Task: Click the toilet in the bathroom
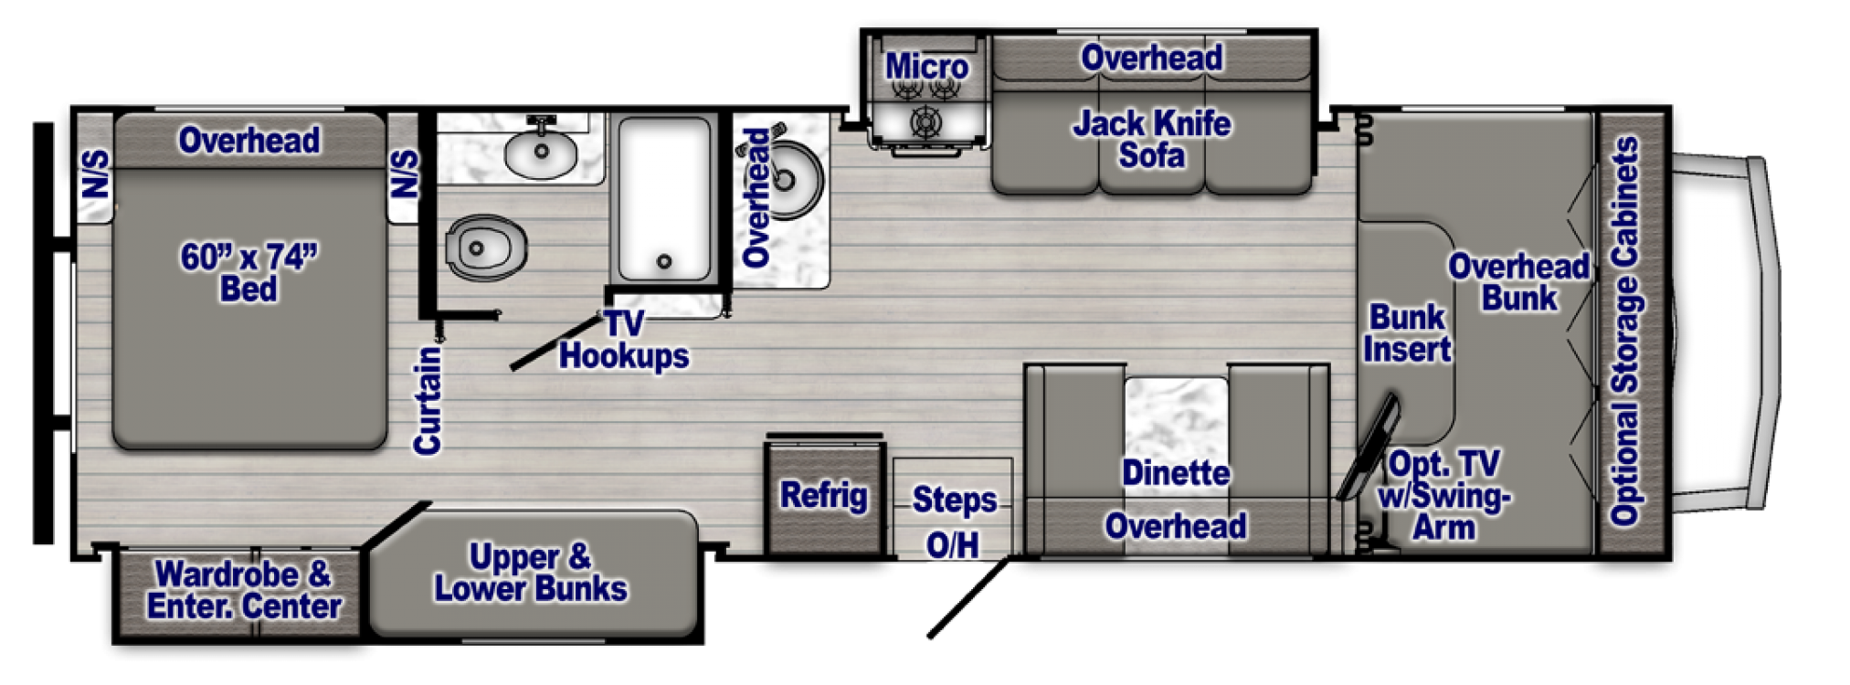tap(487, 247)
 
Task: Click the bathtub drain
tap(664, 262)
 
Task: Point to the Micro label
tap(926, 67)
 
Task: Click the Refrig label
tap(823, 496)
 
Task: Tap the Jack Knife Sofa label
tap(1151, 139)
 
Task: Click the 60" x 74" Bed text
tap(248, 272)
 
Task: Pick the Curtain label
tap(428, 400)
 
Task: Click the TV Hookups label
tap(624, 340)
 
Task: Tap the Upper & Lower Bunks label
tap(531, 573)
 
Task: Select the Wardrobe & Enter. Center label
tap(244, 590)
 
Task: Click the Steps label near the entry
tap(954, 500)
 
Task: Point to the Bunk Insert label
tap(1407, 333)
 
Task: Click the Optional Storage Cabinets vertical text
tap(1625, 331)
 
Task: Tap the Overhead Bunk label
tap(1518, 282)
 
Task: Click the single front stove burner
tap(926, 121)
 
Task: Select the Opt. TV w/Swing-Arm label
tap(1443, 496)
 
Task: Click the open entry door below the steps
tap(968, 598)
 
